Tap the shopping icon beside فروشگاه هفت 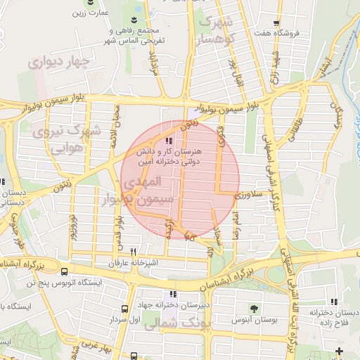276,23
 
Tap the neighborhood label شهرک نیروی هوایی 68,139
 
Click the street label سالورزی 248,192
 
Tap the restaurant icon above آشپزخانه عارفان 133,252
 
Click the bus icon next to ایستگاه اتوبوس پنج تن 64,271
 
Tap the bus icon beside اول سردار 124,309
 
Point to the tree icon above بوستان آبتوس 253,308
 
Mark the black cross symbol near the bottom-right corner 340,349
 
